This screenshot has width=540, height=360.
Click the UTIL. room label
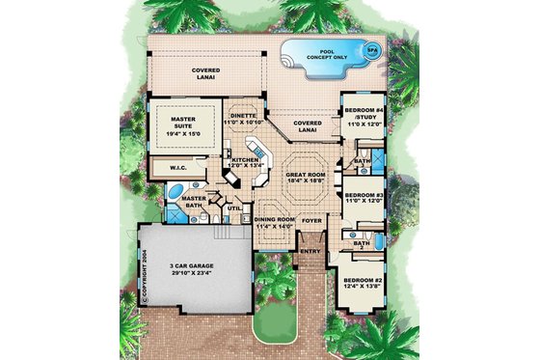(231, 208)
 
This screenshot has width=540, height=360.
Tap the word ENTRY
(310, 252)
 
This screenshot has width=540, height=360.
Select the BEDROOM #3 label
(364, 197)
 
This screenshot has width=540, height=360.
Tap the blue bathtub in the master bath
(171, 203)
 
